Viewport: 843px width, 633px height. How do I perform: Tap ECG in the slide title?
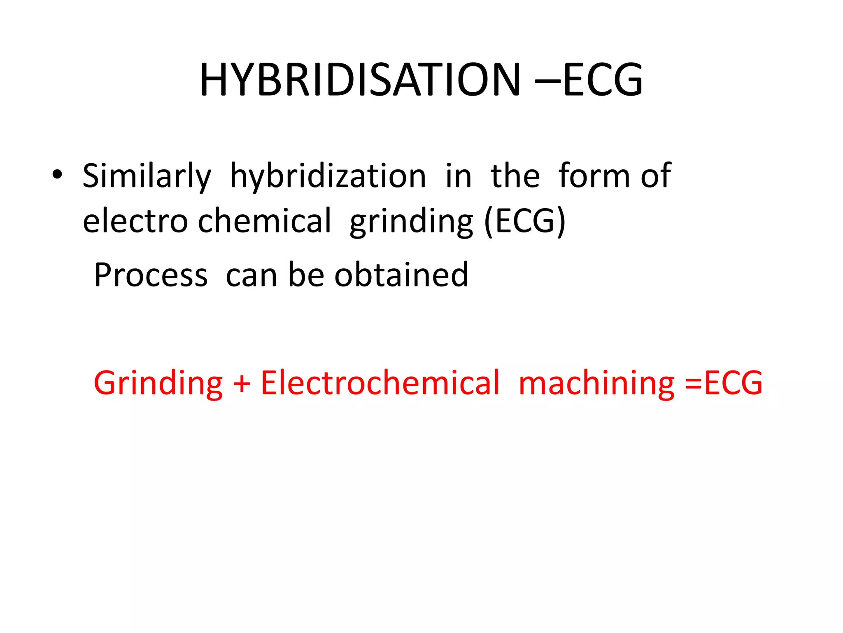[603, 80]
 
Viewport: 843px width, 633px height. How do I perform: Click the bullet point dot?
[57, 175]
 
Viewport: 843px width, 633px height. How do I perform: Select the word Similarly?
[147, 176]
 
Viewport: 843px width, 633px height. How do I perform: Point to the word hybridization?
[328, 176]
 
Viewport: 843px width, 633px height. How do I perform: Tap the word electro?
[135, 221]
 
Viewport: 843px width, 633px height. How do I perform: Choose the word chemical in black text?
[264, 221]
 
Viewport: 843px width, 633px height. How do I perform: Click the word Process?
[151, 275]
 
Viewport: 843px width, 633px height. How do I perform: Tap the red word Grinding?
[158, 384]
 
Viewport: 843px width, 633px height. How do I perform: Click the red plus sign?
[242, 384]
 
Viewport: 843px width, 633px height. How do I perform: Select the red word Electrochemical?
[380, 383]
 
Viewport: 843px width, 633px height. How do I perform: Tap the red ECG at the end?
[733, 383]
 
